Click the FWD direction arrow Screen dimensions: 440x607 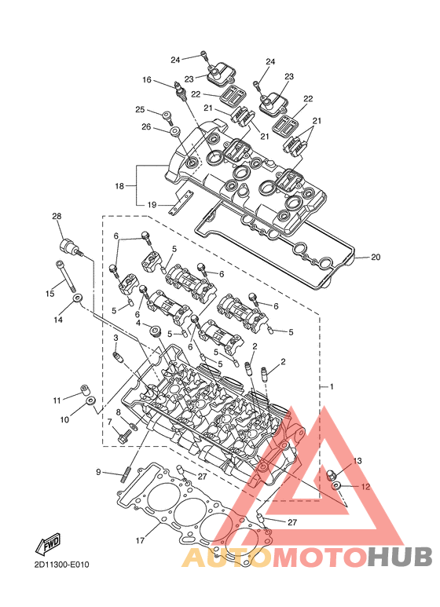49,543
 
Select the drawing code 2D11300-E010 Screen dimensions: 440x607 61,565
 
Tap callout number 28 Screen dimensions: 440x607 57,216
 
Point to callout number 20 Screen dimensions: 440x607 376,257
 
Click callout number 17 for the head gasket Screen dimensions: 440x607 140,540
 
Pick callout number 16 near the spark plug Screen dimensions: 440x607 147,80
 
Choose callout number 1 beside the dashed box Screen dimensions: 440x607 331,386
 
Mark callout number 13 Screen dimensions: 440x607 357,461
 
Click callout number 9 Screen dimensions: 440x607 98,472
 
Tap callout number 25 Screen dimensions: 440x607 140,110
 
